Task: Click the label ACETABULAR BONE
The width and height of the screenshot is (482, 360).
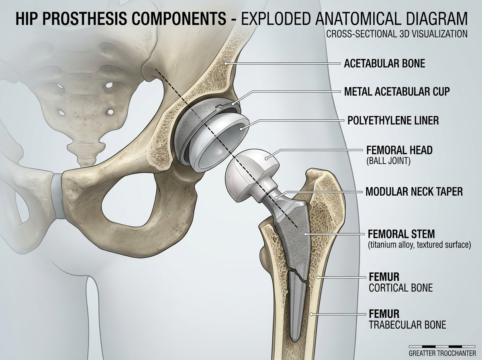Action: (384, 63)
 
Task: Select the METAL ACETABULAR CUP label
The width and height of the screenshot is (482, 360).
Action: (397, 91)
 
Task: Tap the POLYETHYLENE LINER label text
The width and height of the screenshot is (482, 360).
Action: (393, 121)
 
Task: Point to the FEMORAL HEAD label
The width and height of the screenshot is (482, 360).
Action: (399, 150)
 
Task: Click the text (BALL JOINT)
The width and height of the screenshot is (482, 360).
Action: (388, 161)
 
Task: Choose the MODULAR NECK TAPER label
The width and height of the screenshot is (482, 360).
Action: (414, 192)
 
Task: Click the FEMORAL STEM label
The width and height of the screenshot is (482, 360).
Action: (401, 234)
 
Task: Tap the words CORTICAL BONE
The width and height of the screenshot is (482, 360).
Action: (401, 288)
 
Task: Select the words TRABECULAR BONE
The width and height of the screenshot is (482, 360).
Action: (407, 325)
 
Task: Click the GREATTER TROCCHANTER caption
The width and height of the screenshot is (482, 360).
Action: (442, 354)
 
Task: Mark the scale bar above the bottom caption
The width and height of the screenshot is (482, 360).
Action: (442, 347)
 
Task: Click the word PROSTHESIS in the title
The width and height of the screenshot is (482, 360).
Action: (85, 18)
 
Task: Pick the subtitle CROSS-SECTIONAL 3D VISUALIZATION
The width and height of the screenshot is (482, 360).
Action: (397, 34)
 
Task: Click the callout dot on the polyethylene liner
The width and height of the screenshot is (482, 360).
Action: (241, 129)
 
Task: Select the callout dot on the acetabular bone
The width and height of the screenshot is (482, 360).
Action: (225, 63)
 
